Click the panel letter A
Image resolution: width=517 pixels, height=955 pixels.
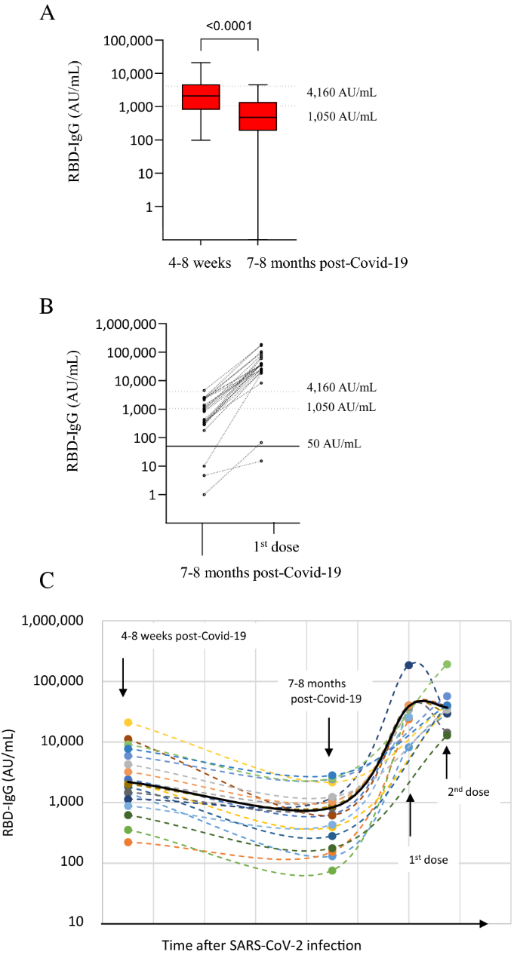coord(47,13)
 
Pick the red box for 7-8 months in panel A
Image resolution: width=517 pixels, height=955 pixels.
coord(258,116)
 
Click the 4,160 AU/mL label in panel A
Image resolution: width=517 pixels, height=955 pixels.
coord(342,94)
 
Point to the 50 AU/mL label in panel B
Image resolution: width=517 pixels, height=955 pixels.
coord(334,444)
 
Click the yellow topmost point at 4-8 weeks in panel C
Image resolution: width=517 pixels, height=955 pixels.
coord(128,723)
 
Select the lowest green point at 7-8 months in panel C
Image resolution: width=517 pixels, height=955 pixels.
coord(332,871)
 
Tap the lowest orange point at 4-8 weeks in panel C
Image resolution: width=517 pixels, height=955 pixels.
coord(128,842)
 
